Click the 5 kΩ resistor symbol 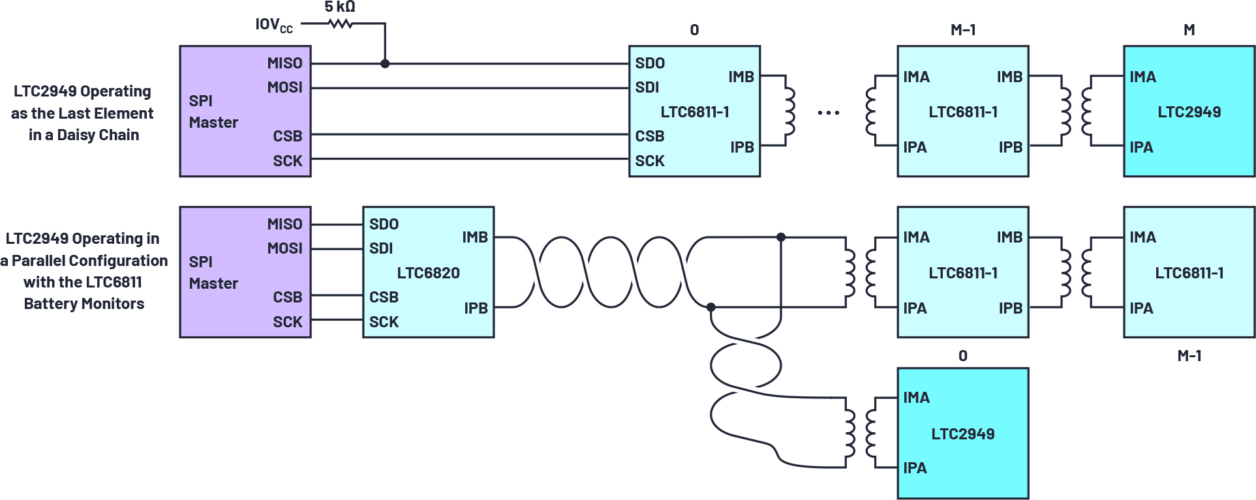[341, 24]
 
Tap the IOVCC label [273, 25]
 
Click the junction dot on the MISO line [385, 64]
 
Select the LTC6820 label [428, 273]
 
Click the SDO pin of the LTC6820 [384, 224]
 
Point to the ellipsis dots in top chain [829, 113]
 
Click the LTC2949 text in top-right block [1189, 112]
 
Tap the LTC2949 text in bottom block [962, 434]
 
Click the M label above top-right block [1189, 30]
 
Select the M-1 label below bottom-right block [1189, 356]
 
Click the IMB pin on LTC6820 [475, 237]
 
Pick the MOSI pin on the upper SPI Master [284, 87]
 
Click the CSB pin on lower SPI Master [287, 297]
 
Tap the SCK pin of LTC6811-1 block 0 [650, 161]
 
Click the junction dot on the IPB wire [711, 307]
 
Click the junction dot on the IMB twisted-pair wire [781, 237]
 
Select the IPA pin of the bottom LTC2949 [915, 468]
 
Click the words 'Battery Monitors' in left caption [84, 304]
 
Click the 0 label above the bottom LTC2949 [962, 356]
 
